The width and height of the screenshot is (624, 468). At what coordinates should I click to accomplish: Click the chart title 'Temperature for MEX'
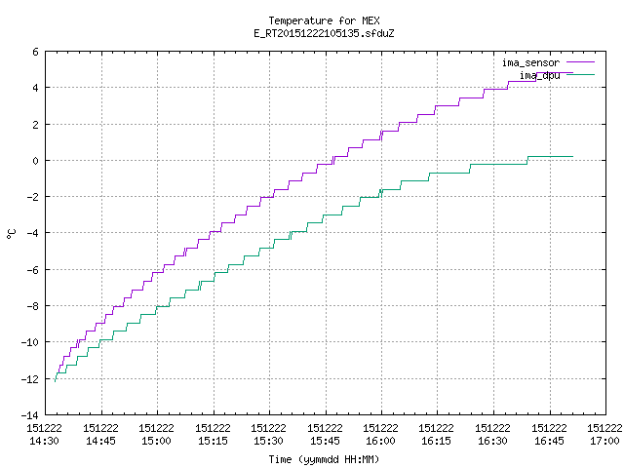pos(324,20)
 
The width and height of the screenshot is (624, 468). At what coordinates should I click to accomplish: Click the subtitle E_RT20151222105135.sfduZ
pos(324,33)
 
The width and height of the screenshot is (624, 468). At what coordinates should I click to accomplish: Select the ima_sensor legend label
pos(530,62)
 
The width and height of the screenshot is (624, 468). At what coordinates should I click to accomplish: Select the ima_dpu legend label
pos(539,75)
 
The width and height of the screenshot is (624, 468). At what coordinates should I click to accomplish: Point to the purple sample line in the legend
pos(581,62)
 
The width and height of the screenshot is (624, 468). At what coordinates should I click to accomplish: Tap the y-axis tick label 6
pos(35,52)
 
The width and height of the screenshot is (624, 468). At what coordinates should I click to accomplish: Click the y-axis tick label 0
pos(35,161)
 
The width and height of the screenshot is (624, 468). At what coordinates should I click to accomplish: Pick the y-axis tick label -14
pos(30,415)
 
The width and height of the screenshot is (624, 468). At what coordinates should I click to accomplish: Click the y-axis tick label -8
pos(32,306)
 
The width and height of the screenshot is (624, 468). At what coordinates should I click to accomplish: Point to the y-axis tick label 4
pos(35,88)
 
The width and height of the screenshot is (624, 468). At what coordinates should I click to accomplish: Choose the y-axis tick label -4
pos(32,233)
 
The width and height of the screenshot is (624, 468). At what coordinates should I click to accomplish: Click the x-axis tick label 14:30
pos(44,441)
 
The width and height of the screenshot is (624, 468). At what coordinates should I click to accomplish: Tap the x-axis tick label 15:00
pos(156,441)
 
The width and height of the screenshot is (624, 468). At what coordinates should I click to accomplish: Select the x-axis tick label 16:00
pos(381,441)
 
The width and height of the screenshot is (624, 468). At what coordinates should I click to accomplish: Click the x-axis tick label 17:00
pos(604,441)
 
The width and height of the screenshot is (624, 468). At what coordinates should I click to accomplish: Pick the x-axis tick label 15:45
pos(325,441)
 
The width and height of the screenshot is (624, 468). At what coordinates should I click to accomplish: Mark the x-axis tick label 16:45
pos(549,441)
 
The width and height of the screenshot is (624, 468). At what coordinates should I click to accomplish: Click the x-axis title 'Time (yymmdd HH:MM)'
pos(324,459)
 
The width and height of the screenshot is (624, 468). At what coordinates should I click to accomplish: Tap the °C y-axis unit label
pos(11,234)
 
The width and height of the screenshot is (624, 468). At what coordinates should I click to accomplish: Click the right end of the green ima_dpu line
pos(572,156)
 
